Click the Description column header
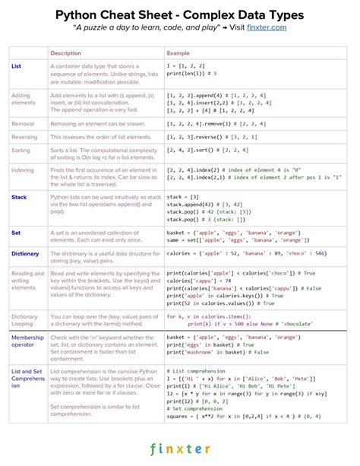[65, 52]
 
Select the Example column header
[178, 52]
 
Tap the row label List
[16, 66]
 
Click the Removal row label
[23, 122]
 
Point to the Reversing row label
[25, 137]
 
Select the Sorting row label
[21, 151]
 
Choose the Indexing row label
[24, 170]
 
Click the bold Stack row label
[19, 197]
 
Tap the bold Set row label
[16, 231]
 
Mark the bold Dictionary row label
[25, 253]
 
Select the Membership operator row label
[27, 341]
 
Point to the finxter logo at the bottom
[180, 449]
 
